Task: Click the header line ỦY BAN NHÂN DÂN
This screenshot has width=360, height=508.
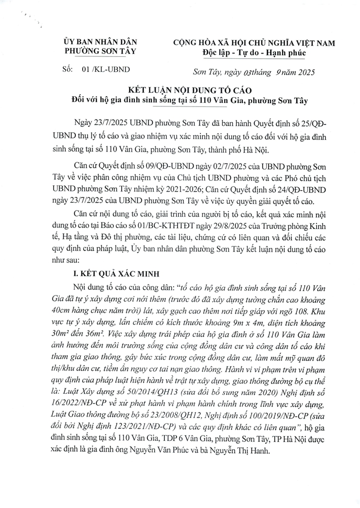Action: point(101,43)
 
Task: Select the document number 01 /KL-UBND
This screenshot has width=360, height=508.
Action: point(106,70)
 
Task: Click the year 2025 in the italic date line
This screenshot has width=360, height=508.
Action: point(304,73)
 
